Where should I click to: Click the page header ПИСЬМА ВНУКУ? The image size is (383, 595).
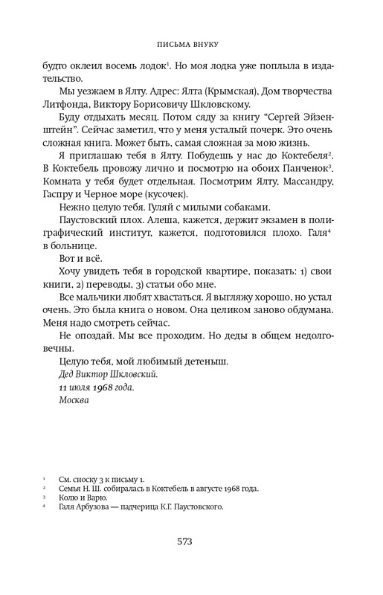pos(191,44)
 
